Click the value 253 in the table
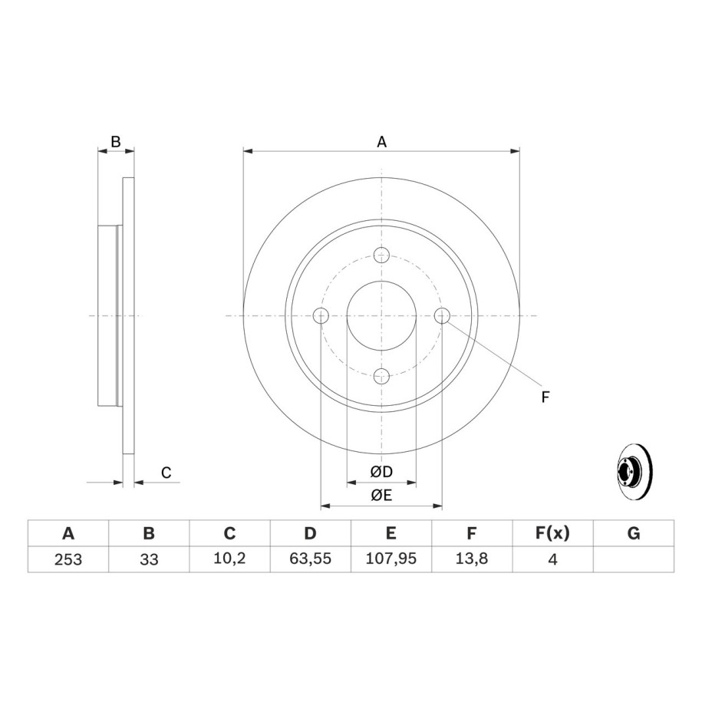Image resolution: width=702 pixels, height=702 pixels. tap(68, 559)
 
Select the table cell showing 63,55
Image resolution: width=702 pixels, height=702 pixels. tap(310, 559)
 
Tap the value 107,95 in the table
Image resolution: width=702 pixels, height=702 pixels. tap(391, 559)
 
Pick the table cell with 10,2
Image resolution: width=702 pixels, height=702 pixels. tap(229, 559)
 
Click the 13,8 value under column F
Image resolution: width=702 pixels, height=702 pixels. tap(471, 559)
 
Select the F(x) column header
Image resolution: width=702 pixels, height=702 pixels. tap(552, 533)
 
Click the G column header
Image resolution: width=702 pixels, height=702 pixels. tap(634, 533)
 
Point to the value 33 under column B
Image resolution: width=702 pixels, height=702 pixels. tap(149, 559)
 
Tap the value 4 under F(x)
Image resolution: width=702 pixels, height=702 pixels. tap(552, 559)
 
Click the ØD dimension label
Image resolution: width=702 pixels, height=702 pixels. tap(381, 471)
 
